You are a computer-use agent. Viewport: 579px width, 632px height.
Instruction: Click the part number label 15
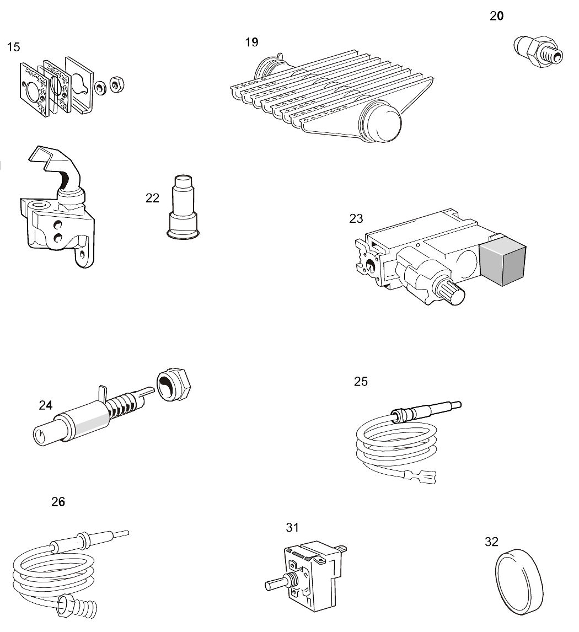pos(13,47)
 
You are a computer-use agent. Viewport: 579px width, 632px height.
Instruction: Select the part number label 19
pos(251,42)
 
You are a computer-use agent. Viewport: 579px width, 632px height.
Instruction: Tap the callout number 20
pos(496,16)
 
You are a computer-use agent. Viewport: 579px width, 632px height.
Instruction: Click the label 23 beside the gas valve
pos(356,219)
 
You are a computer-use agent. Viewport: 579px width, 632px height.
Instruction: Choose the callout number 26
pos(58,502)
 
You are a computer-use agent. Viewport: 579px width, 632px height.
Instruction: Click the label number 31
pos(292,528)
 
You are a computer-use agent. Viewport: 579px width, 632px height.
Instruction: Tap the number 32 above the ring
pos(491,542)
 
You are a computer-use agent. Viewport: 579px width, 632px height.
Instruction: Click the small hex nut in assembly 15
pos(116,85)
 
